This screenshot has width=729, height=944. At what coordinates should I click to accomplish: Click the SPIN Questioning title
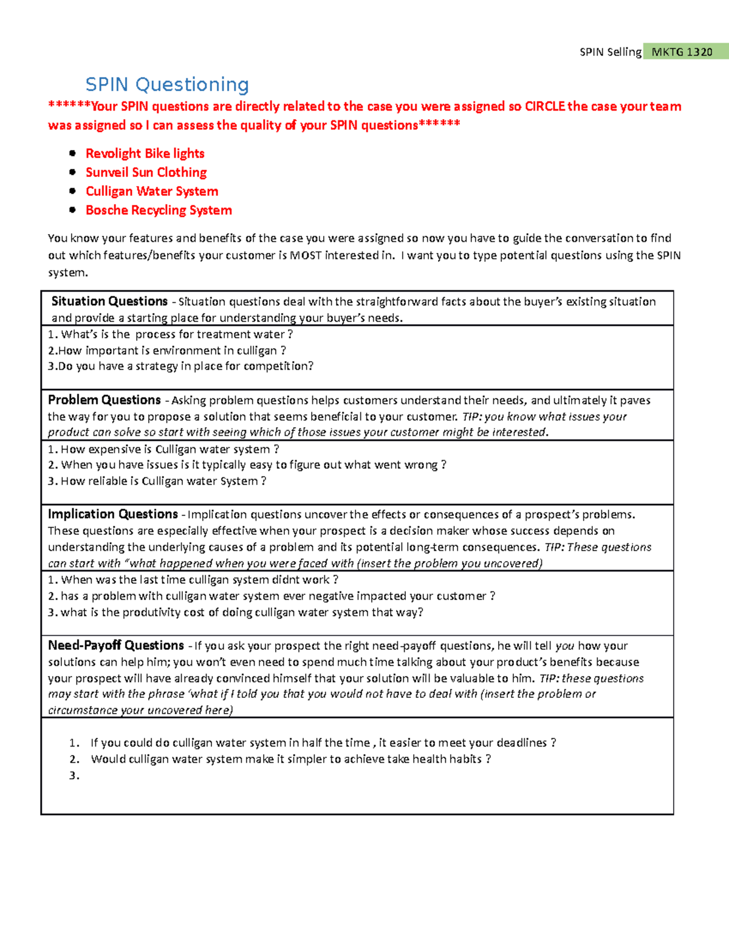click(167, 84)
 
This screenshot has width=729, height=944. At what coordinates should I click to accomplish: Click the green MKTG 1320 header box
click(682, 52)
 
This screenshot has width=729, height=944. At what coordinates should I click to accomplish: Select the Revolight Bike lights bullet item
click(145, 153)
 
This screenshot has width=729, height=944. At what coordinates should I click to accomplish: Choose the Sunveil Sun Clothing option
click(146, 172)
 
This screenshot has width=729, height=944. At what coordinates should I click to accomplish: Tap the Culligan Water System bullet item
click(152, 191)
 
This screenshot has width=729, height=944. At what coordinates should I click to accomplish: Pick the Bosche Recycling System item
click(159, 210)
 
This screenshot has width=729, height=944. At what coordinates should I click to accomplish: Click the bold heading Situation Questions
click(109, 301)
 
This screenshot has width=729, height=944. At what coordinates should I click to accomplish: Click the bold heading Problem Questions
click(104, 400)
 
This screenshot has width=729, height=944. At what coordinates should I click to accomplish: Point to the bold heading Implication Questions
click(113, 514)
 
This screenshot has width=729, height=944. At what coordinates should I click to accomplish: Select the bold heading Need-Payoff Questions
click(116, 646)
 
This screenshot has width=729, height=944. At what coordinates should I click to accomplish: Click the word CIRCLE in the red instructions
click(545, 106)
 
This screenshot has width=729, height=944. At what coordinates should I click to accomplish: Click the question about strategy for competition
click(181, 366)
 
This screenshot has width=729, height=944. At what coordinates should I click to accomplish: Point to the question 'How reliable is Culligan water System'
click(157, 481)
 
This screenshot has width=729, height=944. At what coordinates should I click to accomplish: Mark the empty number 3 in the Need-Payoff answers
click(74, 775)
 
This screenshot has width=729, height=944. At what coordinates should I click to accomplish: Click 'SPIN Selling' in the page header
click(610, 52)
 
